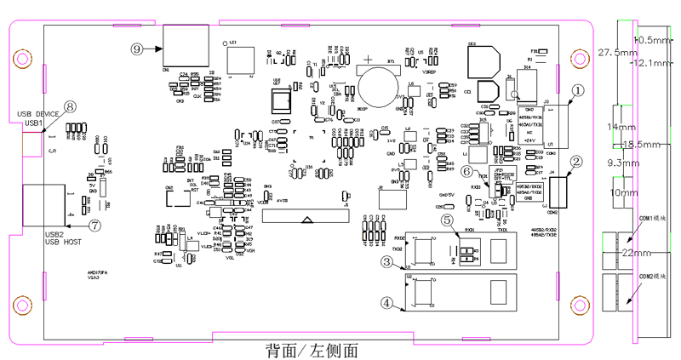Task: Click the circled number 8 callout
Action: tap(70, 106)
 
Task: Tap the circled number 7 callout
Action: tap(94, 226)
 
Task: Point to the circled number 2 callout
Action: tap(576, 161)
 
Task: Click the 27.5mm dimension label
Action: tap(615, 52)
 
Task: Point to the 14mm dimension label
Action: tap(615, 127)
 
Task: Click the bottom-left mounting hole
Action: tap(19, 301)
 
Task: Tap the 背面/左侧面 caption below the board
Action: tap(310, 350)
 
